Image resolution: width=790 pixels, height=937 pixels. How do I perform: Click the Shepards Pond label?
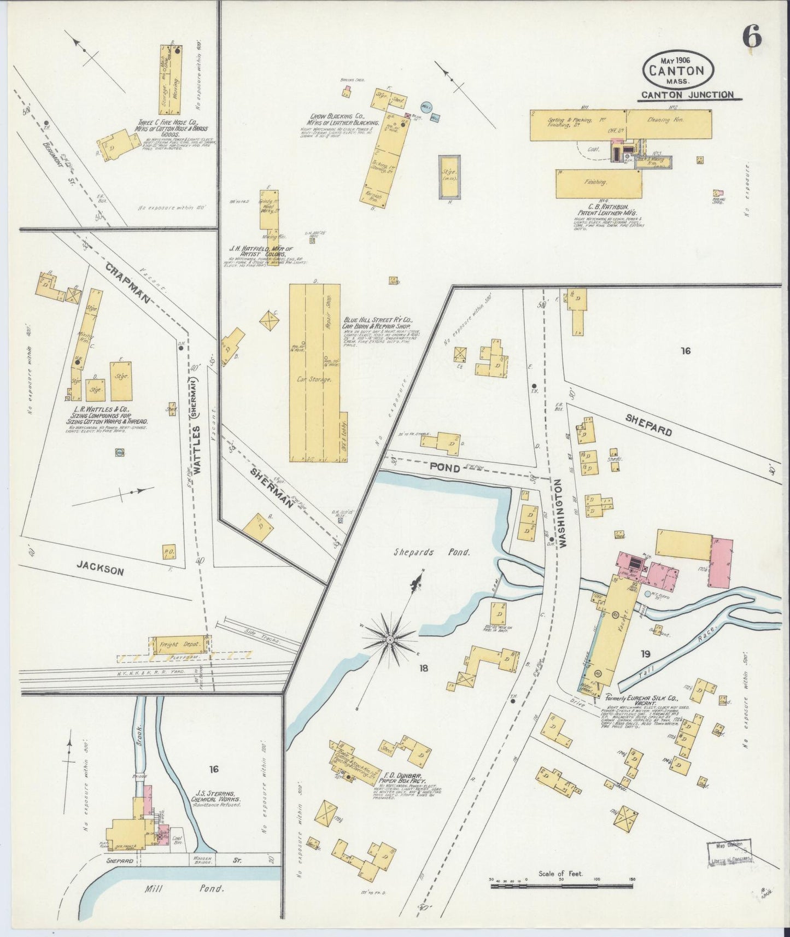(431, 552)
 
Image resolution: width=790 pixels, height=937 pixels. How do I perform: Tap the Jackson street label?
(103, 569)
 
